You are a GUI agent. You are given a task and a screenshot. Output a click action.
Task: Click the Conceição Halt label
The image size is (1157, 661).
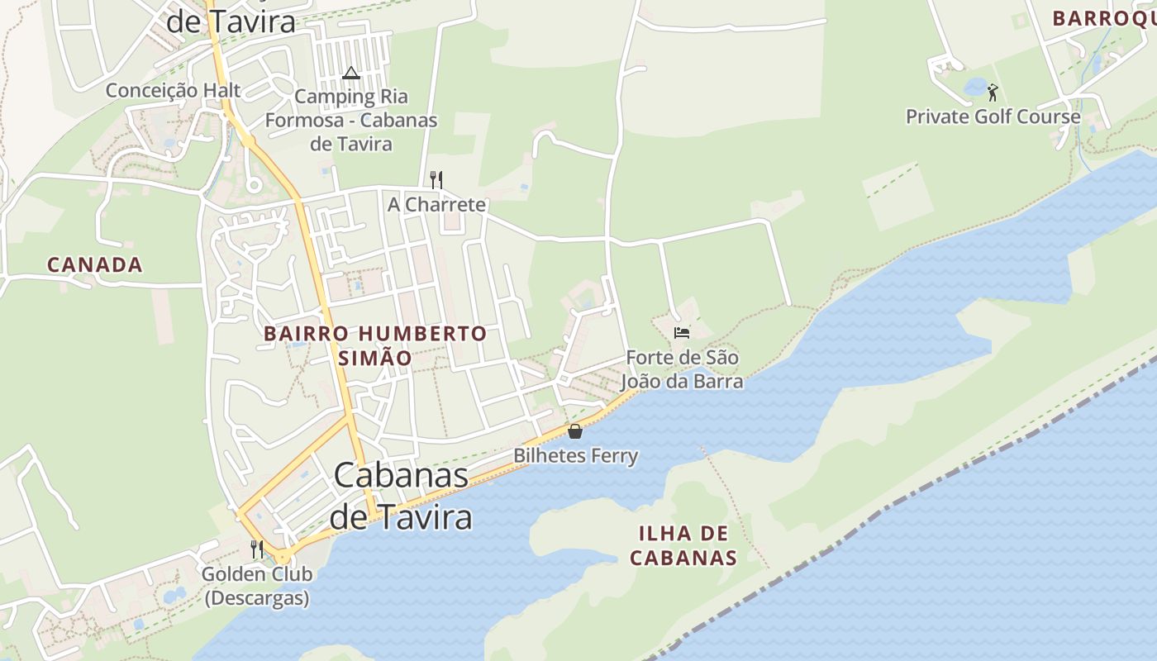(173, 90)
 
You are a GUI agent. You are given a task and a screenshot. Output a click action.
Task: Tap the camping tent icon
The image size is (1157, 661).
(351, 74)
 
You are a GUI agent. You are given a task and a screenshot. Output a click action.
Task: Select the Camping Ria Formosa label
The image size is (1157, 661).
(351, 120)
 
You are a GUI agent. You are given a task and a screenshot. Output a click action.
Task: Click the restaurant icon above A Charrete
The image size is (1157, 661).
(436, 179)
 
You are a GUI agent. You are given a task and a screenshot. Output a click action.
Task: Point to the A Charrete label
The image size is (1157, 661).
(436, 204)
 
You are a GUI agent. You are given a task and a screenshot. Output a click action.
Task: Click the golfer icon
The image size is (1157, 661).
(993, 92)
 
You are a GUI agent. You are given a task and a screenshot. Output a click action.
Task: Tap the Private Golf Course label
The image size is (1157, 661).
(993, 117)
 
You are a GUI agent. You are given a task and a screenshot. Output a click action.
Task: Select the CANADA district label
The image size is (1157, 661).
(95, 265)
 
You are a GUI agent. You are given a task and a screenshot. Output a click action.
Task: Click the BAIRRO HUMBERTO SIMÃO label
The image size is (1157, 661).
(375, 345)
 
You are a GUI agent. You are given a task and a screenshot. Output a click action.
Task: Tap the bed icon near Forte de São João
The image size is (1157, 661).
(682, 333)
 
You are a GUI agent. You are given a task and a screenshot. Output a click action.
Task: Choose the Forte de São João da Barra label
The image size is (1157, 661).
(682, 369)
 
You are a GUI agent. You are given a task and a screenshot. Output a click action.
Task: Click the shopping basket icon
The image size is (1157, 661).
(575, 431)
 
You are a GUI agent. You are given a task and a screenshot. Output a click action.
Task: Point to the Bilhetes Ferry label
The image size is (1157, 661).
(575, 455)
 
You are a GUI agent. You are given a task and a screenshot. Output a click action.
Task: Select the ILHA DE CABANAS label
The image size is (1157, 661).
(683, 544)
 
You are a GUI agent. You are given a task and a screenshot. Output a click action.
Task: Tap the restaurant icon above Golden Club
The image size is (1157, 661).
(257, 549)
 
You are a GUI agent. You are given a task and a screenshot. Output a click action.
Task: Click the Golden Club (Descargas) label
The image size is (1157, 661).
(257, 585)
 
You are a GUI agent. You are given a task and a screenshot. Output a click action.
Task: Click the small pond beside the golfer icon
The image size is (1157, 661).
(975, 86)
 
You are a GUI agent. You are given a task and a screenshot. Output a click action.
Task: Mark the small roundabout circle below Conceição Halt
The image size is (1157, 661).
(254, 184)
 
